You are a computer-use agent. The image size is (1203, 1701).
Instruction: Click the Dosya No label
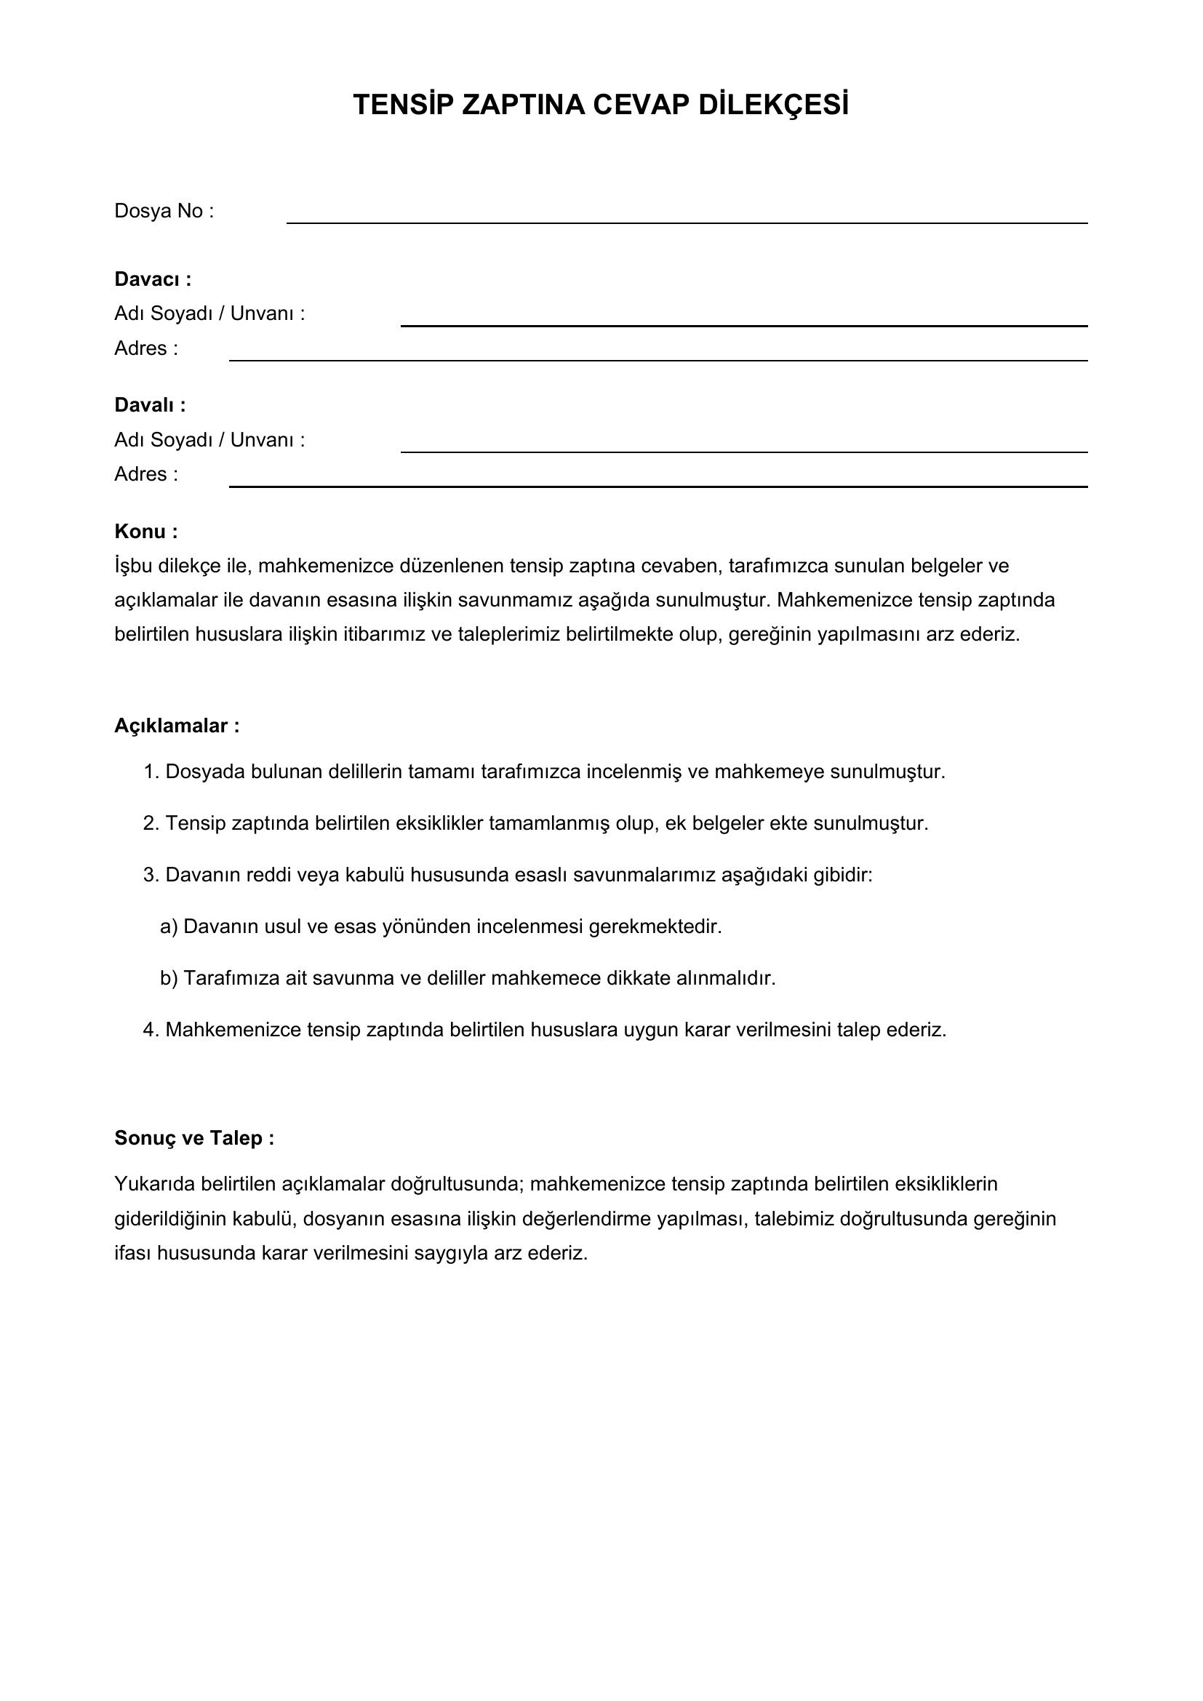click(164, 211)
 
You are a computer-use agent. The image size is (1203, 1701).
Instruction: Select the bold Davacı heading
click(153, 279)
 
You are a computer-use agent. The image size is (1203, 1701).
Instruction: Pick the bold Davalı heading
click(150, 405)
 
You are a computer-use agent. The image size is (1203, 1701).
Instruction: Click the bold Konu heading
click(146, 531)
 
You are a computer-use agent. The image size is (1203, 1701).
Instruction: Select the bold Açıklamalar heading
click(177, 725)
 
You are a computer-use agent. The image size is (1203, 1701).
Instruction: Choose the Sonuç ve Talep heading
click(194, 1137)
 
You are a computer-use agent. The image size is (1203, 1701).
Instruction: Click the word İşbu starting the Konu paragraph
click(133, 566)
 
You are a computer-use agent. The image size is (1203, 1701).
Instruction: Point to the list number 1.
click(151, 772)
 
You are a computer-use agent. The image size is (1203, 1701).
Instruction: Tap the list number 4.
click(151, 1030)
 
